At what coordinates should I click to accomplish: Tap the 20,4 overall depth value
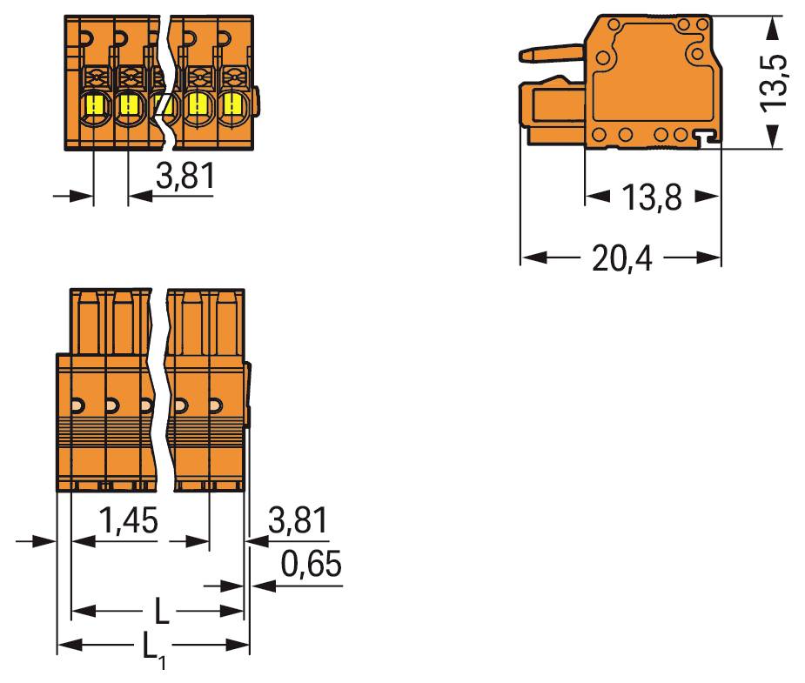[x=621, y=258]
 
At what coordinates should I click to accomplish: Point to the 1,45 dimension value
[x=128, y=522]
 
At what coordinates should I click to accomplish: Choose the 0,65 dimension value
[x=312, y=566]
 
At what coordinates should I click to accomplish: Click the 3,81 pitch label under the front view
[x=184, y=177]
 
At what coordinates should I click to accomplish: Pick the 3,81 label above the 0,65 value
[x=299, y=522]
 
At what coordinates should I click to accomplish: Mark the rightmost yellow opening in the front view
[x=231, y=106]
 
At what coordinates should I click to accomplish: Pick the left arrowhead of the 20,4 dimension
[x=530, y=258]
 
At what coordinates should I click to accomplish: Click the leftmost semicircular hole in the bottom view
[x=77, y=405]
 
